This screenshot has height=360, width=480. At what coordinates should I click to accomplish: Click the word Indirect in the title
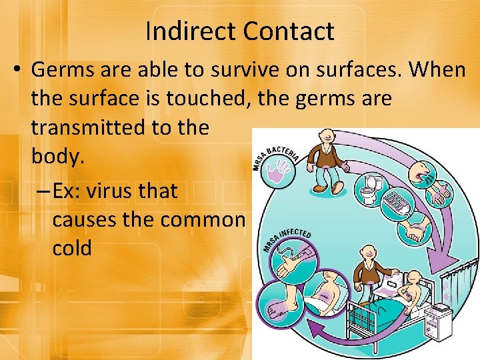pyautogui.click(x=191, y=31)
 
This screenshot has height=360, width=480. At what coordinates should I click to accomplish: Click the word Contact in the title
pyautogui.click(x=289, y=31)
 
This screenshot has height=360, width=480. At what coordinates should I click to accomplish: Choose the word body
pyautogui.click(x=50, y=155)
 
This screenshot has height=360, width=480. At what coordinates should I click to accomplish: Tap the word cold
pyautogui.click(x=71, y=248)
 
